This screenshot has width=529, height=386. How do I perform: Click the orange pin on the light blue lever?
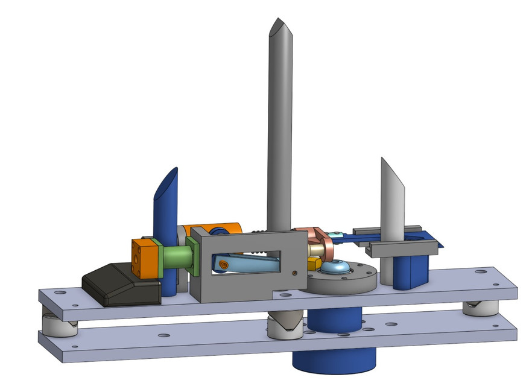pyautogui.click(x=224, y=264)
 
